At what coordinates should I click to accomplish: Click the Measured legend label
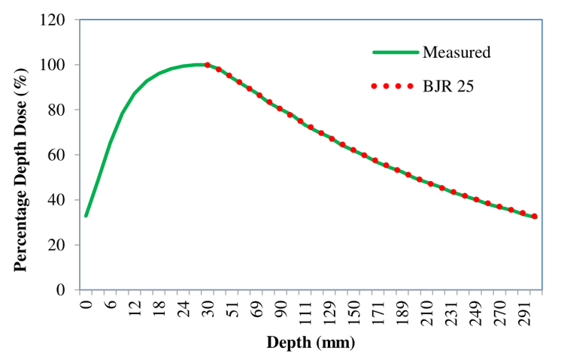coord(456,53)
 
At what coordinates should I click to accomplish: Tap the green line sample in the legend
coord(395,53)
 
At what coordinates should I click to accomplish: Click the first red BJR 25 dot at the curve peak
coord(208,65)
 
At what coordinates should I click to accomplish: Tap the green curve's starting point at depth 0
coord(86,216)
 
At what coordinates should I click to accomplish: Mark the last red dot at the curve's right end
coord(534,216)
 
